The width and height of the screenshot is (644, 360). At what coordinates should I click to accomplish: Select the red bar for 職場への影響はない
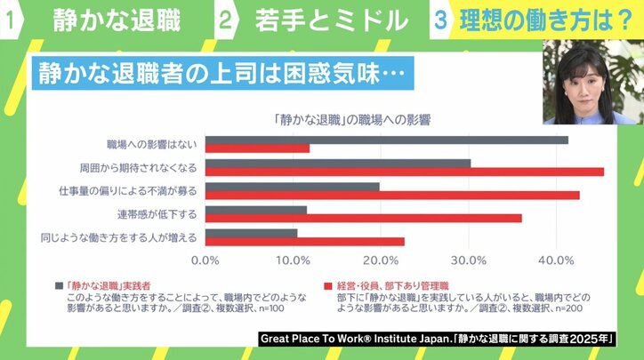coord(258,148)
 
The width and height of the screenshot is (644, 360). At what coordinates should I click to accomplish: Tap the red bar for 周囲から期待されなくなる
coord(405,171)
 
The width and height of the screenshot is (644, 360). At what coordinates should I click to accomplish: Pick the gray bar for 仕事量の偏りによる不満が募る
coord(293,187)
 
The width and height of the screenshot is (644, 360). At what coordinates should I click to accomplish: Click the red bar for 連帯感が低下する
coord(364,218)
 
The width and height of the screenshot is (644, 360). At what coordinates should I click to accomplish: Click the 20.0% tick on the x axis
coord(381,260)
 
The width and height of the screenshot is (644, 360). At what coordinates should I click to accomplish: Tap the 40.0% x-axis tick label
coord(556,260)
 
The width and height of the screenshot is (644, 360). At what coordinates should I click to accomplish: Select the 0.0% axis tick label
coord(205,260)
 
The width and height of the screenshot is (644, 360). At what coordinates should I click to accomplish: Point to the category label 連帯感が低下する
coord(156,214)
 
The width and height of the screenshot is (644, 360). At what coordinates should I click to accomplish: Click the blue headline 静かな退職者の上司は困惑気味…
coord(223,73)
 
